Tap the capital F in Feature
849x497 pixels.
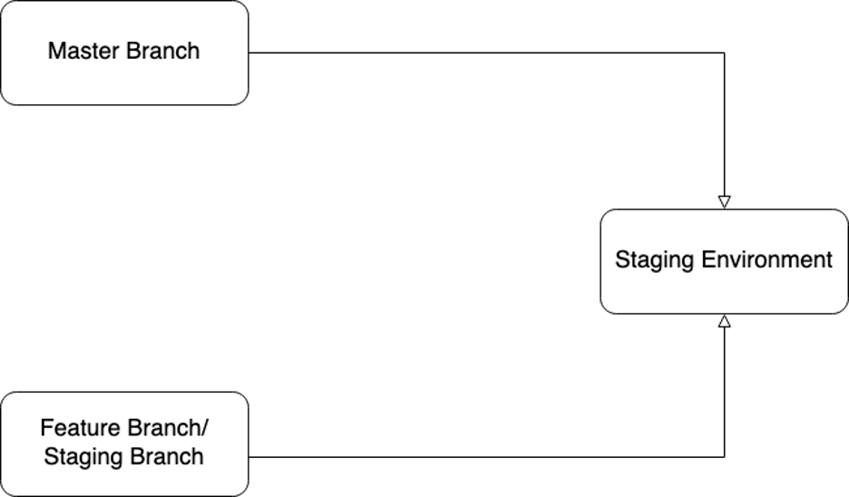click(46, 428)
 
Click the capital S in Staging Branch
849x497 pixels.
click(50, 456)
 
